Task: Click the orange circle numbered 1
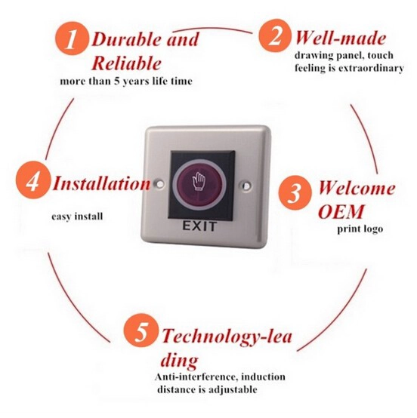click(71, 39)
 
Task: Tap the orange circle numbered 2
click(275, 35)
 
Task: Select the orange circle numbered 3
click(295, 192)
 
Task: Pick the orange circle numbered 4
click(33, 183)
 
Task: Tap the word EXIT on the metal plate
click(199, 226)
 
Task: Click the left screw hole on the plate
click(160, 184)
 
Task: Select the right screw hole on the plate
click(247, 185)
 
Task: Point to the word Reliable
click(127, 63)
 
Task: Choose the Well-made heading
click(341, 38)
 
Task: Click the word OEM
click(341, 212)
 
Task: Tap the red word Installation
click(102, 183)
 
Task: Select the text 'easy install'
click(77, 216)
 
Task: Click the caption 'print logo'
click(360, 229)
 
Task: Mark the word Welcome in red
click(357, 188)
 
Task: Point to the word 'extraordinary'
click(371, 68)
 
